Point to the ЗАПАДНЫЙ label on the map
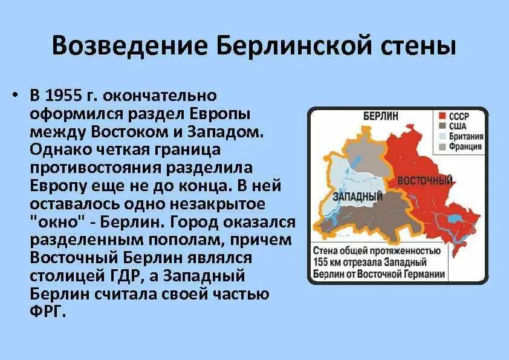pos(358,197)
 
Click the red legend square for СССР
pos(443,116)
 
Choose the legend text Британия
pos(466,136)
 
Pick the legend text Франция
pos(466,146)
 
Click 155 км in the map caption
pos(329,262)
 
